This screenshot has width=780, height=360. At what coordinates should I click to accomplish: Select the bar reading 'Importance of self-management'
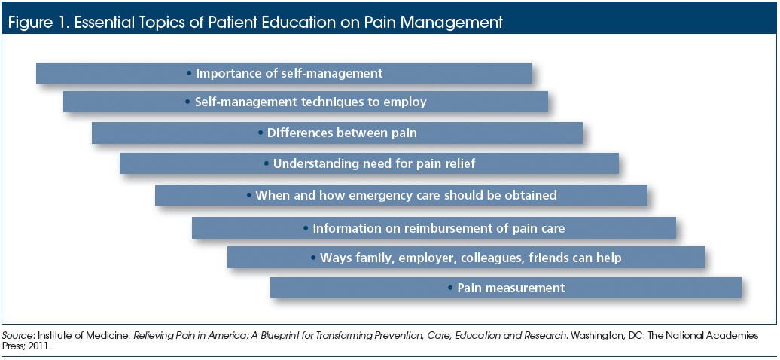(284, 73)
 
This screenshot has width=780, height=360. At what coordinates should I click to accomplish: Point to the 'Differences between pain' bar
(337, 133)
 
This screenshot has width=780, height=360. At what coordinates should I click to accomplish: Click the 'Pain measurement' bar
(506, 288)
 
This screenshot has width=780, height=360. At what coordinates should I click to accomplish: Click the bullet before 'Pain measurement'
(449, 288)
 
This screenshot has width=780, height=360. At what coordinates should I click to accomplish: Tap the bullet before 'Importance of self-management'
(188, 73)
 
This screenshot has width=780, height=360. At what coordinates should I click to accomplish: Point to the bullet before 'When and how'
(249, 195)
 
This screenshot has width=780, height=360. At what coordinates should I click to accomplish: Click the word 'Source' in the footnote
(13, 336)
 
